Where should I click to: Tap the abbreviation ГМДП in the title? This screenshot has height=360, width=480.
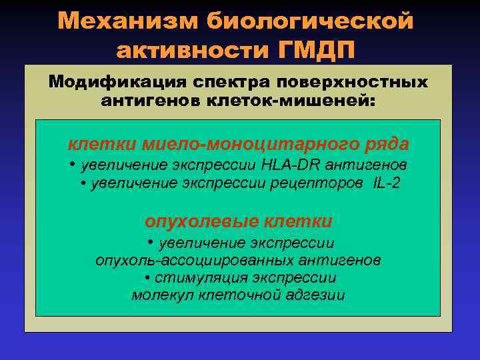(315, 50)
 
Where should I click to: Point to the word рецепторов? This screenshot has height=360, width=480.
(319, 183)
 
